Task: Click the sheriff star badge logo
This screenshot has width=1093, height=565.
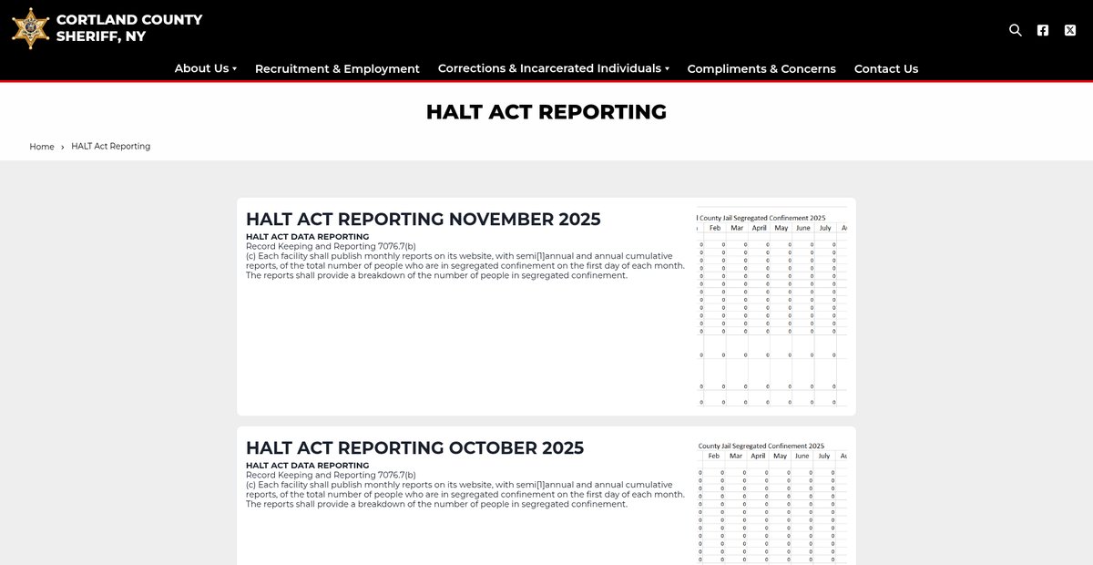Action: [x=30, y=28]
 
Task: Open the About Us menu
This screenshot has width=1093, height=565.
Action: [x=205, y=68]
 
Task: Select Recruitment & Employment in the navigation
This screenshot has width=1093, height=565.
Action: [x=337, y=68]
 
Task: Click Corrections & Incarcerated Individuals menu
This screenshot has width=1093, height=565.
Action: [x=553, y=68]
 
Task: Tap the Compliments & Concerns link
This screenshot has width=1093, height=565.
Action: [x=761, y=68]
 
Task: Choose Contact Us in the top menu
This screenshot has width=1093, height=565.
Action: [x=886, y=68]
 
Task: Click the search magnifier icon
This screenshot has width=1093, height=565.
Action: [x=1016, y=30]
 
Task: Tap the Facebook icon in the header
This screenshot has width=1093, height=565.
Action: [x=1043, y=30]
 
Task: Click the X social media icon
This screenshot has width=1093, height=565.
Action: [x=1070, y=30]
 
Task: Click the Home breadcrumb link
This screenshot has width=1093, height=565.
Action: [x=42, y=147]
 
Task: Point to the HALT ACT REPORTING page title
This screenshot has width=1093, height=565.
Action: [x=546, y=112]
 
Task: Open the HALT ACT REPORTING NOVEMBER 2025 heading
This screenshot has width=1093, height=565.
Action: [x=424, y=220]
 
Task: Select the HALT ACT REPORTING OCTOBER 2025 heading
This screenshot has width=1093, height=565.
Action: [x=414, y=448]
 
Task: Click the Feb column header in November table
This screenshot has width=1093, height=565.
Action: [x=715, y=228]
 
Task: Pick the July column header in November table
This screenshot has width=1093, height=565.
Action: [x=825, y=228]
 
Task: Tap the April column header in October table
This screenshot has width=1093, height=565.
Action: [x=758, y=456]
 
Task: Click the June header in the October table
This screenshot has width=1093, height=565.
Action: [x=802, y=456]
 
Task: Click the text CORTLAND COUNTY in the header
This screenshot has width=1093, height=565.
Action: [x=129, y=19]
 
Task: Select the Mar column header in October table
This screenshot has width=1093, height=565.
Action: [x=736, y=456]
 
